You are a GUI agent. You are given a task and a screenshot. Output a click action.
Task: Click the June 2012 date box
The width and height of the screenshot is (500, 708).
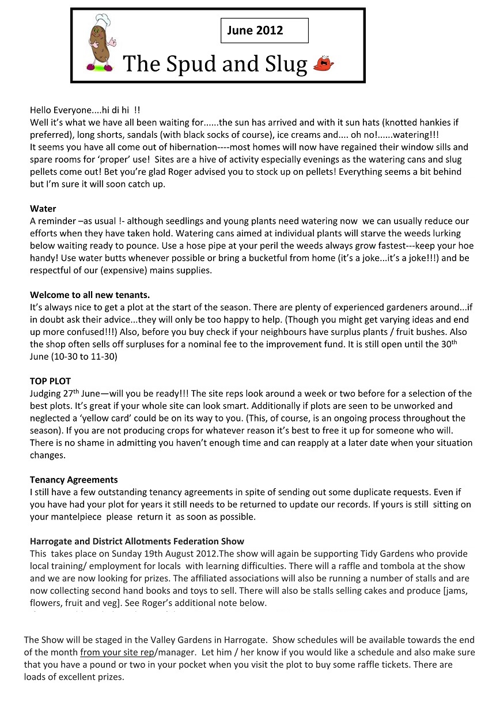tap(264, 31)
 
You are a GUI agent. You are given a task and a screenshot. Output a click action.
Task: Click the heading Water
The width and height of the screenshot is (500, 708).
tap(43, 209)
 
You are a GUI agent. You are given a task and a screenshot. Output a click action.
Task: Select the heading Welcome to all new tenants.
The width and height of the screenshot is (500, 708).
tap(90, 295)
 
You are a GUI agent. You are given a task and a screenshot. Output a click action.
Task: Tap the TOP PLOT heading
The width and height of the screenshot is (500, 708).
tap(50, 381)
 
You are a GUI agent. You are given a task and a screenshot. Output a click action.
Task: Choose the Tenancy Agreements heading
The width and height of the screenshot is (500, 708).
tap(74, 480)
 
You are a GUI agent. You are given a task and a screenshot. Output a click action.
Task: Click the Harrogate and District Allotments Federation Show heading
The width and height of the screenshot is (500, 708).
tap(137, 541)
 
